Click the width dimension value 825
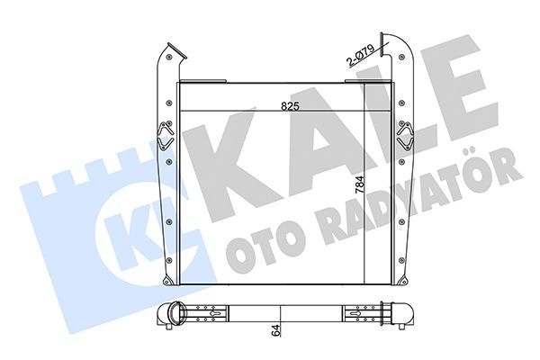point(289,104)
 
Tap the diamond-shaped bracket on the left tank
point(165,138)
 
